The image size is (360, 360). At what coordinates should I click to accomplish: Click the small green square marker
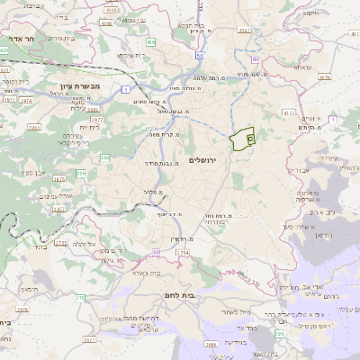(250, 139)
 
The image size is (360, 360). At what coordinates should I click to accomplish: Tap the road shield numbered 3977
(96, 119)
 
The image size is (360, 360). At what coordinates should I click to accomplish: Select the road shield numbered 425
(4, 51)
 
